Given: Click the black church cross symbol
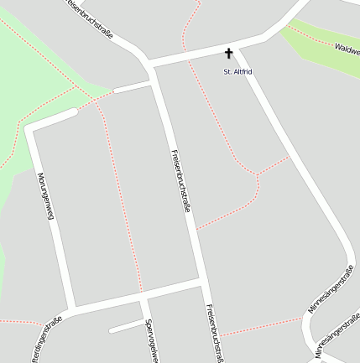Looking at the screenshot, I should (x=228, y=53).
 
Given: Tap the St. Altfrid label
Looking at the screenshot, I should (x=237, y=72).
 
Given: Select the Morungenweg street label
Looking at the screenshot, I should (x=46, y=195).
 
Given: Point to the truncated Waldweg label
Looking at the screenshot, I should (x=346, y=49).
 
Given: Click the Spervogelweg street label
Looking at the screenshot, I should (x=152, y=340).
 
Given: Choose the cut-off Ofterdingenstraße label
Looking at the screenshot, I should (x=45, y=343).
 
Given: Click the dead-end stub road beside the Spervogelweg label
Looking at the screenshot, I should (x=126, y=325).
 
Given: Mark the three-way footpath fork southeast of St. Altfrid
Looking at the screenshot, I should (x=256, y=174).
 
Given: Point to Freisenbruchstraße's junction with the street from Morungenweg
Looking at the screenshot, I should (x=203, y=283).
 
